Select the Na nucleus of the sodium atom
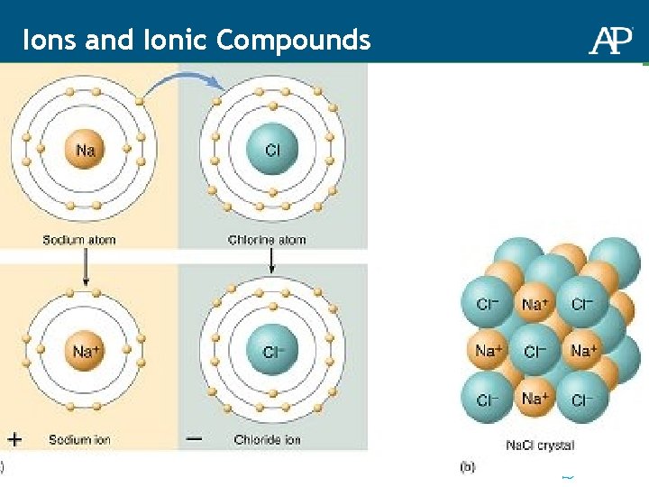(x=85, y=151)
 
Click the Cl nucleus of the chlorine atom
(x=271, y=151)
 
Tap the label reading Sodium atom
(x=79, y=240)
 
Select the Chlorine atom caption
(x=267, y=240)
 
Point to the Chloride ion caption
(x=267, y=440)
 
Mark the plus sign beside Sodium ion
(x=14, y=439)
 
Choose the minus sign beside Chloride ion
(x=194, y=439)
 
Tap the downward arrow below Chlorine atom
(x=271, y=263)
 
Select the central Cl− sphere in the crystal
(x=535, y=351)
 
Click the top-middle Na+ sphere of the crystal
(x=535, y=304)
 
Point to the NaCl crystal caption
(x=539, y=446)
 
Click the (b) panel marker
(x=467, y=466)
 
